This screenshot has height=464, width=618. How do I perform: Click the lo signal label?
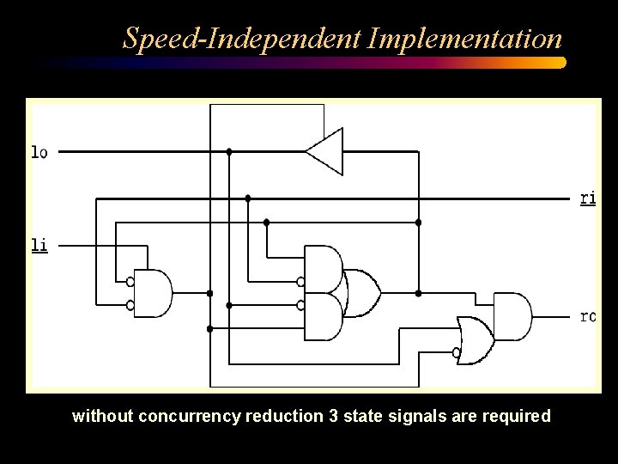point(39,152)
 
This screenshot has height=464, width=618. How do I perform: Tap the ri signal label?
point(587,198)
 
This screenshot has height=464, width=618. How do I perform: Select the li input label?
point(39,246)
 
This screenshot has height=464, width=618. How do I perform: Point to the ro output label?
point(587,316)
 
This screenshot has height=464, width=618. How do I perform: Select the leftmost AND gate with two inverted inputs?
point(155,293)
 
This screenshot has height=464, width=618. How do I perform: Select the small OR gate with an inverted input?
point(475,340)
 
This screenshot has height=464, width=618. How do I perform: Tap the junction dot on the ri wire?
point(248,198)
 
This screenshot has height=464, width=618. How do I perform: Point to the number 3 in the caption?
point(332,417)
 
